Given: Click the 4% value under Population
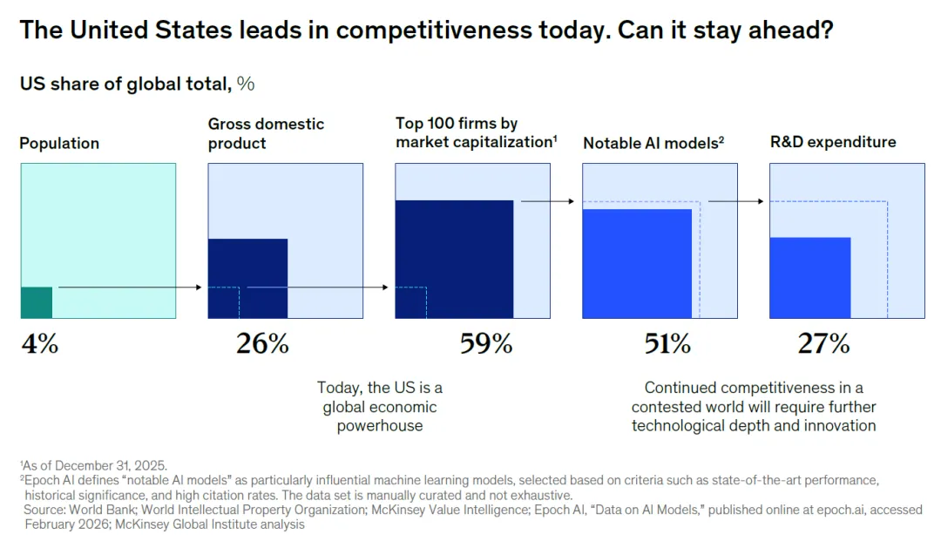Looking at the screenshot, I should pos(39,344).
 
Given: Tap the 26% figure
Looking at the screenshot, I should pos(262,344).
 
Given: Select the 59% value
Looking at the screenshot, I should pos(486,344).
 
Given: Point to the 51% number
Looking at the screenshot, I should pos(667,344).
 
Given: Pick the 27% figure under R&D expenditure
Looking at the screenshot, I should pos(823,344).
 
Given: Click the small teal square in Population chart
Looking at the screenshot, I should pos(37,302).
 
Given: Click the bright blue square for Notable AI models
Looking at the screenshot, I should pos(636,263).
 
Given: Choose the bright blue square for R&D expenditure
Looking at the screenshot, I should pos(809,277).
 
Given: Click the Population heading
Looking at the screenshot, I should pos(59,144).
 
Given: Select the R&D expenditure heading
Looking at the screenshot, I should pos(832,142).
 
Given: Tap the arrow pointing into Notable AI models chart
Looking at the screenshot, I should pos(547,201).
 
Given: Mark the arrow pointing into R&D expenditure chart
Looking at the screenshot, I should pos(736,201).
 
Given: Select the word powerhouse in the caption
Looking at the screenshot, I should pos(379,426).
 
